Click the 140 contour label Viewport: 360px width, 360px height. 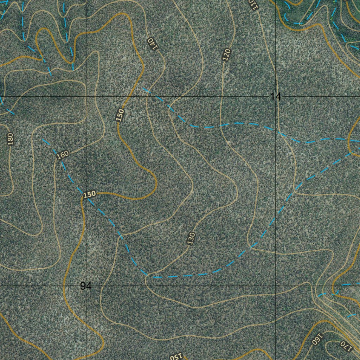pos(152,44)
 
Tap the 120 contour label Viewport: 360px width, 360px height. pos(226,55)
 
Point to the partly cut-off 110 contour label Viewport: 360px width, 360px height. pos(253,4)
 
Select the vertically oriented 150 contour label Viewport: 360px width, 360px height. pos(120,115)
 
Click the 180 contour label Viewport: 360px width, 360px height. pos(10,139)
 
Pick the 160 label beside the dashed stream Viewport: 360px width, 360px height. pos(62,155)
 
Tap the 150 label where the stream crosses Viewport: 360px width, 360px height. pos(89,194)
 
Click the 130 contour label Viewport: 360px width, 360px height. pos(191,238)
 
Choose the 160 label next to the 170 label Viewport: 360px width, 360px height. pos(317,339)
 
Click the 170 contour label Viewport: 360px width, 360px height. pos(346,346)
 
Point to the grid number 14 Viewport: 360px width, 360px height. pos(275,97)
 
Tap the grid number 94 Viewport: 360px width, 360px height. pos(85,286)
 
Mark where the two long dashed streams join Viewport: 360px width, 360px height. pos(352,153)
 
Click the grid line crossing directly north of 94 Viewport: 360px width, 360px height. pos(86,96)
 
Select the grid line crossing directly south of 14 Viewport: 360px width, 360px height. pos(276,286)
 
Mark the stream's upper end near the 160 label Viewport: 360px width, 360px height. pos(43,140)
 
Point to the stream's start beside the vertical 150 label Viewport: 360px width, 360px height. pos(143,88)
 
